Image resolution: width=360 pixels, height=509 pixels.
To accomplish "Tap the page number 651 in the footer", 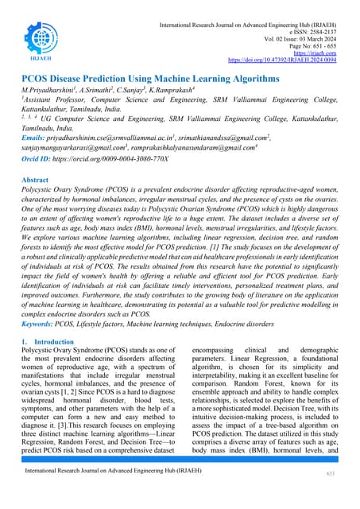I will click(331, 473).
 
